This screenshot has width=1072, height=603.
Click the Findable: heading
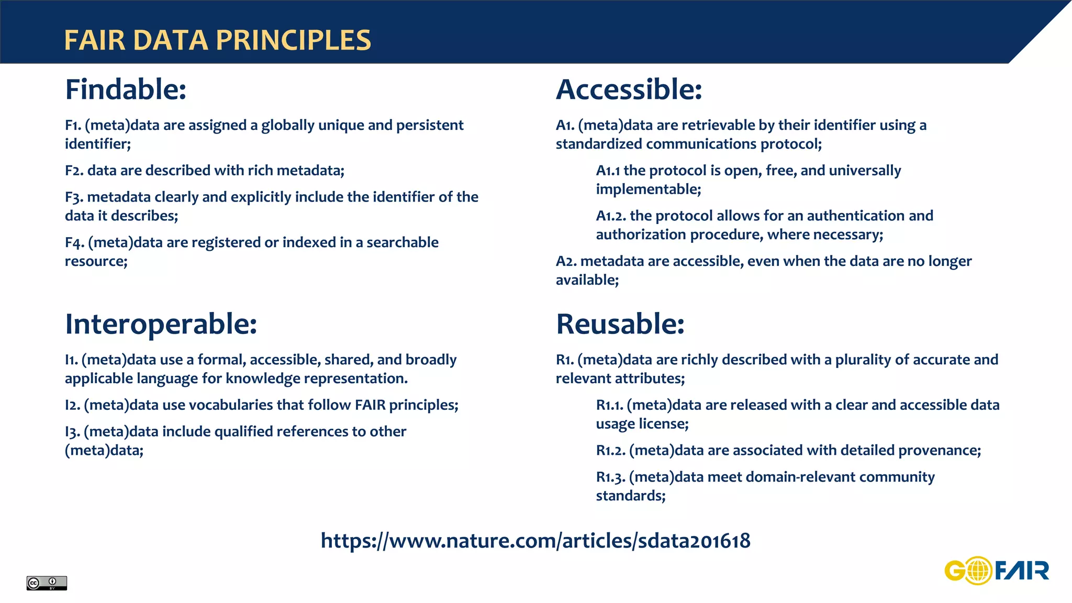[126, 90]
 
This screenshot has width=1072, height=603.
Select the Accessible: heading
[629, 90]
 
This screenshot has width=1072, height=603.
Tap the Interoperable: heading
[161, 324]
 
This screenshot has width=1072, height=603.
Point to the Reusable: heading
[620, 324]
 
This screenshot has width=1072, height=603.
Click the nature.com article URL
[535, 541]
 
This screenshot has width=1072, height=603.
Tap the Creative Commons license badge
[47, 583]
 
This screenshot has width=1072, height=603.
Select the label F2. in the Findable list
[74, 171]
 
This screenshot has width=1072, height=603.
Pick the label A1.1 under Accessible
[608, 171]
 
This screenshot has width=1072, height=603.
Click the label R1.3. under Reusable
[610, 477]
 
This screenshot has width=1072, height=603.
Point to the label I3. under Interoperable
[72, 432]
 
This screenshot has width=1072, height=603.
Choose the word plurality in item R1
[863, 360]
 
